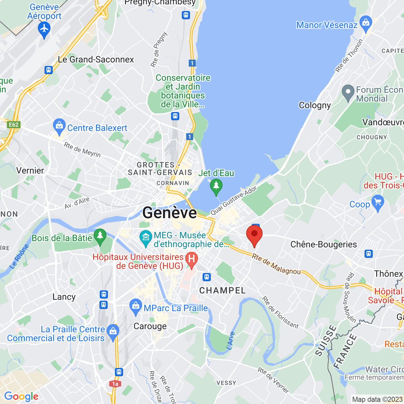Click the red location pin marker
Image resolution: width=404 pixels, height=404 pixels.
click(254, 235)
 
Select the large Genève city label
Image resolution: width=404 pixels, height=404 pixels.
click(169, 212)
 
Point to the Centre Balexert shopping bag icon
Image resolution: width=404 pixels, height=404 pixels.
click(59, 126)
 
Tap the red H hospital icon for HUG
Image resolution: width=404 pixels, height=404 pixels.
click(191, 259)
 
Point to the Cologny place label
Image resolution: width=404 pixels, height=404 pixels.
click(315, 105)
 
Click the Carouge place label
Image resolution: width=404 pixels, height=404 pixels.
click(150, 326)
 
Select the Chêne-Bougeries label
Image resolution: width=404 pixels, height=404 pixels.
click(324, 244)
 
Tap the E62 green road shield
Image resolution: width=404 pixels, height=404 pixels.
click(14, 125)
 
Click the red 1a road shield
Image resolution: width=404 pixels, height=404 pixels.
click(115, 384)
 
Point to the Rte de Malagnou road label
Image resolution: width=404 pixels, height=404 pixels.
click(276, 264)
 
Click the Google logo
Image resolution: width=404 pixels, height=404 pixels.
click(21, 396)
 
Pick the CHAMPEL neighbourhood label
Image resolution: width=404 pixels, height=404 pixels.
click(223, 290)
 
